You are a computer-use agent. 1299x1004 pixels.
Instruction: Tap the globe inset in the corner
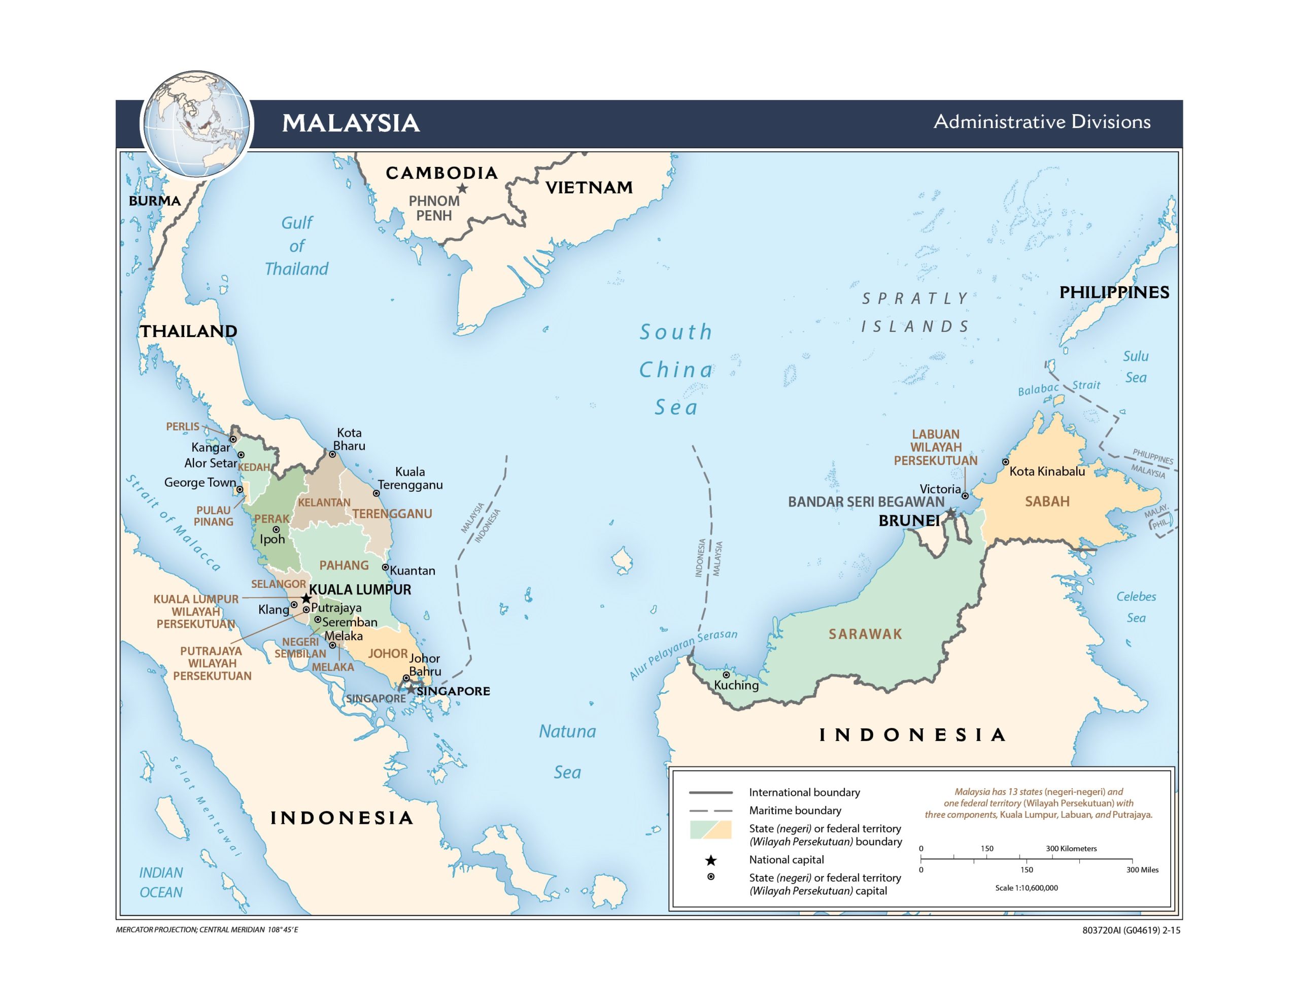point(197,124)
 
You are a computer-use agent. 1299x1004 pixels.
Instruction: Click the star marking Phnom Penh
point(462,189)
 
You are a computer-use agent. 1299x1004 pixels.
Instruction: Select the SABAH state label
point(1047,501)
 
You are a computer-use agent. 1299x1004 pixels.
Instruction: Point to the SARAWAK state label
point(865,634)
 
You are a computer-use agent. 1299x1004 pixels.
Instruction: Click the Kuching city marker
point(726,675)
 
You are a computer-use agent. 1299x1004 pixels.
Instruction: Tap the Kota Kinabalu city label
point(1047,472)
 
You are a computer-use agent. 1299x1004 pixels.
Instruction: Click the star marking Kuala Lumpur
point(305,598)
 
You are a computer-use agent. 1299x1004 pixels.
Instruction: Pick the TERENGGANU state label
point(392,514)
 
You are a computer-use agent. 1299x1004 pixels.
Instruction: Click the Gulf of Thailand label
point(297,246)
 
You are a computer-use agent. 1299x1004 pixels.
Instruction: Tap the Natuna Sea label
point(567,752)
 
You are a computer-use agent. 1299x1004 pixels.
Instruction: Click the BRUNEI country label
point(909,521)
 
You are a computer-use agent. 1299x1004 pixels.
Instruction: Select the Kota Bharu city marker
point(332,454)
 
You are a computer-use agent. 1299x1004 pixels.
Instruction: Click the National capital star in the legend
point(711,860)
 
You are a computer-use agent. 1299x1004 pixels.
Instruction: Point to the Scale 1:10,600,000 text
point(1026,887)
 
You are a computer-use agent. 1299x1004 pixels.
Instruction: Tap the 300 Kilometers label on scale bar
point(1071,849)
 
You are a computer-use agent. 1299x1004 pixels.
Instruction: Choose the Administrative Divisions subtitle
point(1041,122)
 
